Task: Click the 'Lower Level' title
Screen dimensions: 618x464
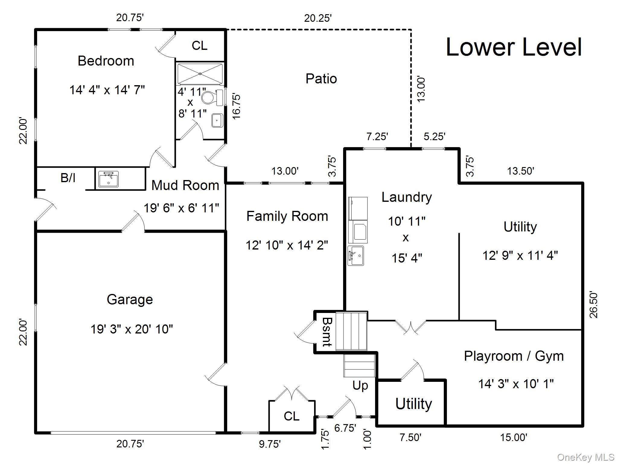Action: coord(514,47)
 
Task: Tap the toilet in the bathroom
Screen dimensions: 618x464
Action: coord(212,98)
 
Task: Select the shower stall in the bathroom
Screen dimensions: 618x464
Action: coord(200,74)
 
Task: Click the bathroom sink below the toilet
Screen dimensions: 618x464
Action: coord(217,120)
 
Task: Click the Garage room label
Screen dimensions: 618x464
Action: coord(130,299)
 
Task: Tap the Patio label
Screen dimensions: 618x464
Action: coord(321,79)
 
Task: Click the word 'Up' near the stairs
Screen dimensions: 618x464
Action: coord(360,386)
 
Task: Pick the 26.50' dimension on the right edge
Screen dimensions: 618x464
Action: coord(594,305)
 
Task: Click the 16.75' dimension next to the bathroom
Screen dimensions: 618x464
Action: coord(237,107)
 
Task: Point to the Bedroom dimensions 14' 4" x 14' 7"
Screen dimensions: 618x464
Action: coord(107,90)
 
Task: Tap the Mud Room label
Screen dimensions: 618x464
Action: coord(185,185)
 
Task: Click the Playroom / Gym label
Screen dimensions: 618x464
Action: coord(514,356)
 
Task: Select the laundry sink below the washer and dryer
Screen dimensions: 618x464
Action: coord(356,256)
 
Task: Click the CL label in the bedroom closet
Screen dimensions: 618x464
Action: coord(199,46)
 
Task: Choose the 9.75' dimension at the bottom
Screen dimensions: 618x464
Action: coord(270,444)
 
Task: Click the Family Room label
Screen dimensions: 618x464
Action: coord(287,216)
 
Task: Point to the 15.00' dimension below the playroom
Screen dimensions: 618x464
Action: coord(514,437)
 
